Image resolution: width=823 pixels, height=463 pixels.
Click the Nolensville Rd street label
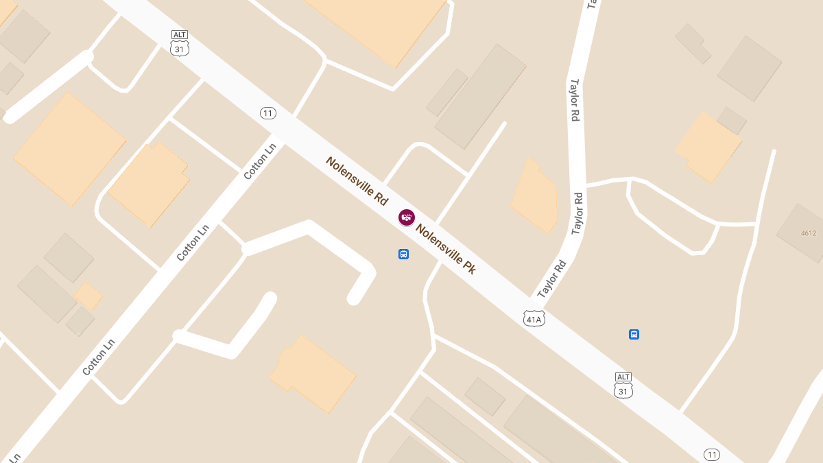coord(357,181)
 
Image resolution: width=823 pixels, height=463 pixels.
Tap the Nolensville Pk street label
coord(445,250)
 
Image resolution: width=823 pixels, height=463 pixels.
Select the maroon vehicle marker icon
coord(407,217)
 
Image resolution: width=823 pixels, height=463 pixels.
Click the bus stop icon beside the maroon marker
coord(403,254)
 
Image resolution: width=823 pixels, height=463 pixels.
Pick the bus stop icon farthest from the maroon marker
coord(634,335)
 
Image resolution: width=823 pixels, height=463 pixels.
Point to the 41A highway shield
coord(534,318)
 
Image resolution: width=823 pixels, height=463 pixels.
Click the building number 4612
coord(809,233)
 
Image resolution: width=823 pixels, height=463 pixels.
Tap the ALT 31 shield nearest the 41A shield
coord(623,386)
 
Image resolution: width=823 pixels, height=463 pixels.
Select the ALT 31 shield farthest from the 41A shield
coord(180,43)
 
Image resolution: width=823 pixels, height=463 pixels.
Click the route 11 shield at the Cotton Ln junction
coord(267,113)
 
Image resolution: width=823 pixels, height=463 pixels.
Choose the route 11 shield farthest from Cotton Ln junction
coord(712,455)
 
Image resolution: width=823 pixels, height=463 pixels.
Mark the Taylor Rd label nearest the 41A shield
coord(553,278)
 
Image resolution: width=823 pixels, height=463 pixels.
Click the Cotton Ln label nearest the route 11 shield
coord(261,161)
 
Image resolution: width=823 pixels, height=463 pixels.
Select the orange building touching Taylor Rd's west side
coord(535,195)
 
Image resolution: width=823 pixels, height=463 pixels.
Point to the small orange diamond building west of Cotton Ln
coord(88,296)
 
